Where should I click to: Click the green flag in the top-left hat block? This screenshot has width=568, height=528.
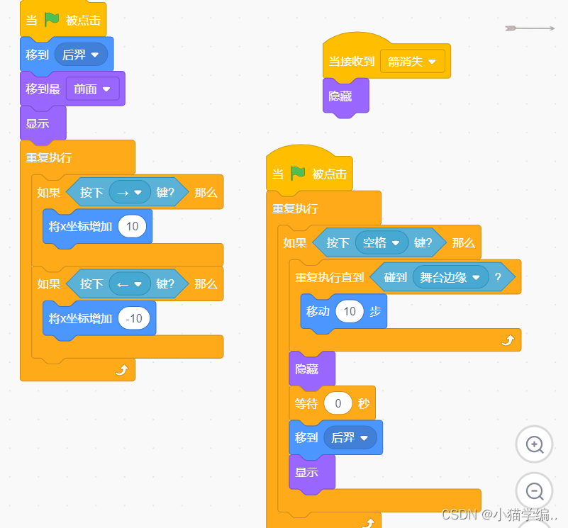click(52, 20)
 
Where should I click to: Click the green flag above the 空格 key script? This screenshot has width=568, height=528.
click(298, 174)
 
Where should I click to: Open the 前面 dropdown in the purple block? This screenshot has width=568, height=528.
click(92, 89)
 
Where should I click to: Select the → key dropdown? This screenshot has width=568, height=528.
click(130, 192)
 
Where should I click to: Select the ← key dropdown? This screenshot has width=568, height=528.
click(130, 283)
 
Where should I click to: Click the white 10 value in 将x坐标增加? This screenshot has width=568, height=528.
click(132, 227)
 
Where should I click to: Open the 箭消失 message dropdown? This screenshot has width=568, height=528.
click(413, 61)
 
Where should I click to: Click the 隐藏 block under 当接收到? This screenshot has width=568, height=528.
click(342, 96)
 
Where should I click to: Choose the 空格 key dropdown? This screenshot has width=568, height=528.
click(382, 242)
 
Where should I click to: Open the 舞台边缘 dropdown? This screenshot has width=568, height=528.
click(450, 277)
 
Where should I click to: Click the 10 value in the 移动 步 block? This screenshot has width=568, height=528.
click(349, 311)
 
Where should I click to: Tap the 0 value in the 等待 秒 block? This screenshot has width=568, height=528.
click(338, 403)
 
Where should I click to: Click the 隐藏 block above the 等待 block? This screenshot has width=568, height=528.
click(308, 369)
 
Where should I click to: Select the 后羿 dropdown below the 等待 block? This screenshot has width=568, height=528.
click(350, 437)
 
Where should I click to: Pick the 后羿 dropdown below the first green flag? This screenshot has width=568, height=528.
click(81, 54)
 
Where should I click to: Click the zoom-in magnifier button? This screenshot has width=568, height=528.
click(534, 444)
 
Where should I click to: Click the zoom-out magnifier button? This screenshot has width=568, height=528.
click(534, 490)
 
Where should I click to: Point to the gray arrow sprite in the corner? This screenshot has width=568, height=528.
click(529, 28)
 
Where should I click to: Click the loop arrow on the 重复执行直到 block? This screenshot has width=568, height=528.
click(507, 340)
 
